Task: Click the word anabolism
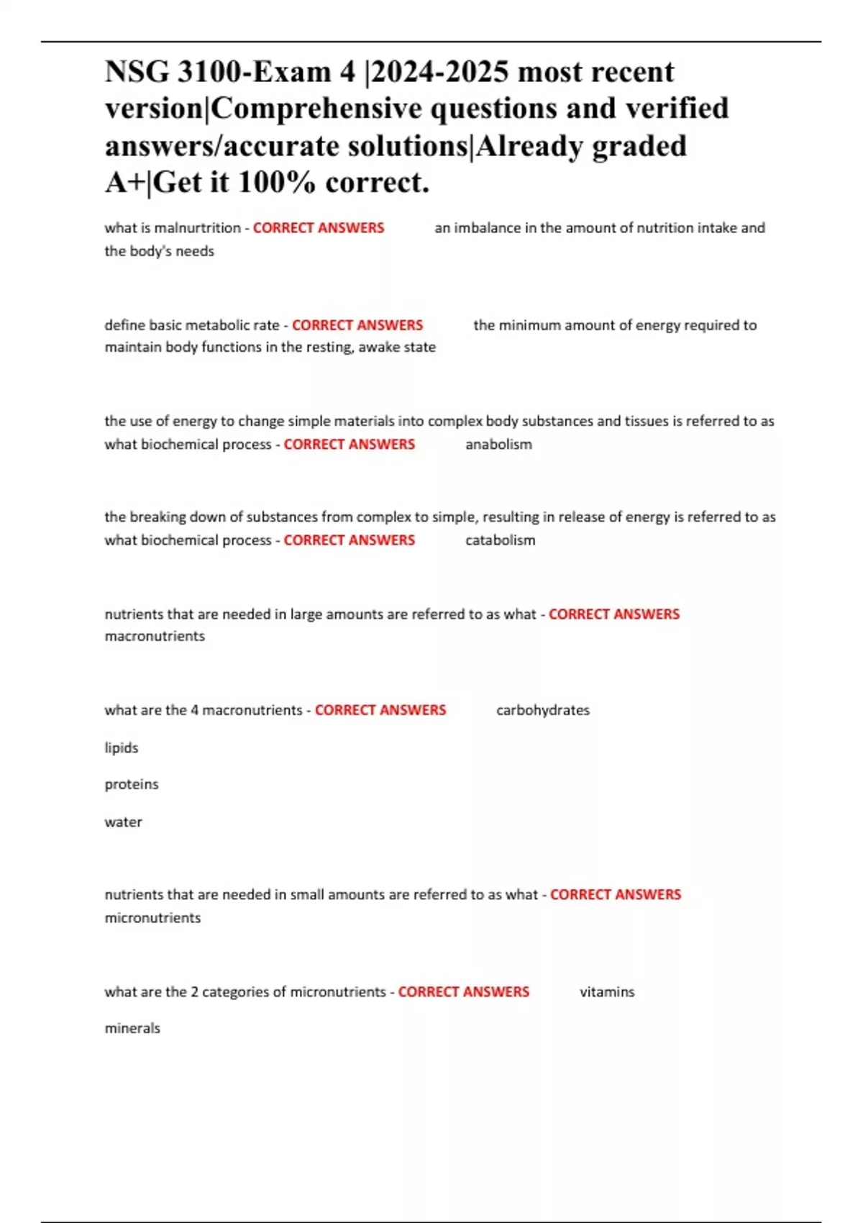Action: point(498,445)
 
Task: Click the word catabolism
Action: point(500,540)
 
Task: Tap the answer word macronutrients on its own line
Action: point(155,636)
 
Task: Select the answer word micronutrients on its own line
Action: point(152,918)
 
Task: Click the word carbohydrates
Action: point(542,710)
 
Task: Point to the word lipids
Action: point(121,748)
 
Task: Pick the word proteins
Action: point(131,784)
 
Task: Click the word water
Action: point(123,822)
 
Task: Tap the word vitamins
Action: point(607,992)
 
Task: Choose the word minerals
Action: point(132,1029)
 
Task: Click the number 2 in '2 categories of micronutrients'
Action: point(194,992)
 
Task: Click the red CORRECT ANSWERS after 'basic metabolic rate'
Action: point(357,325)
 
